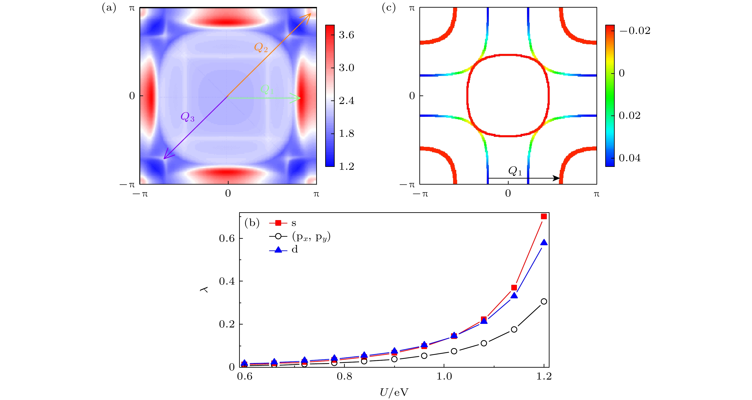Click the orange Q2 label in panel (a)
[x=261, y=48]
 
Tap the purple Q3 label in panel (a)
[x=187, y=117]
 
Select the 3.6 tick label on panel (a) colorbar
[x=346, y=35]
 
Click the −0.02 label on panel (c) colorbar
[x=635, y=31]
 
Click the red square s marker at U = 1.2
[x=544, y=216]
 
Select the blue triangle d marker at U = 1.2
[x=544, y=243]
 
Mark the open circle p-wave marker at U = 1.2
[x=544, y=301]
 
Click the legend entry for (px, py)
[x=311, y=237]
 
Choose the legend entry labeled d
[x=295, y=250]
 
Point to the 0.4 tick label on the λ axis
[x=227, y=281]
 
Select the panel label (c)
[x=389, y=8]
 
